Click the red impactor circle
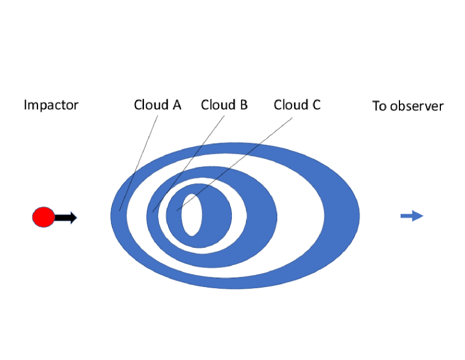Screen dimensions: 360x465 click(43, 217)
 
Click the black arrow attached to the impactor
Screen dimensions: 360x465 click(66, 218)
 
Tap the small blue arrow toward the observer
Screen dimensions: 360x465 click(412, 215)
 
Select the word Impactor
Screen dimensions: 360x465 click(51, 105)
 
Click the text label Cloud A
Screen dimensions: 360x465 click(157, 105)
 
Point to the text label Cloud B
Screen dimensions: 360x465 click(224, 105)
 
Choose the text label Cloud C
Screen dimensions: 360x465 click(297, 105)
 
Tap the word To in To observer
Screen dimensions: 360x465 click(379, 106)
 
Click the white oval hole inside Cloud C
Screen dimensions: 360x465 click(192, 215)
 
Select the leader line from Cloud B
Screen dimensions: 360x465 click(188, 163)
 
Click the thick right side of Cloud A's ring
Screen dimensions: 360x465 click(342, 216)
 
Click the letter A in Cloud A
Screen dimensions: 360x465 click(176, 105)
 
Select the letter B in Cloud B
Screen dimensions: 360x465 click(243, 105)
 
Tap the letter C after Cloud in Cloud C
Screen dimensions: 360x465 click(315, 105)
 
